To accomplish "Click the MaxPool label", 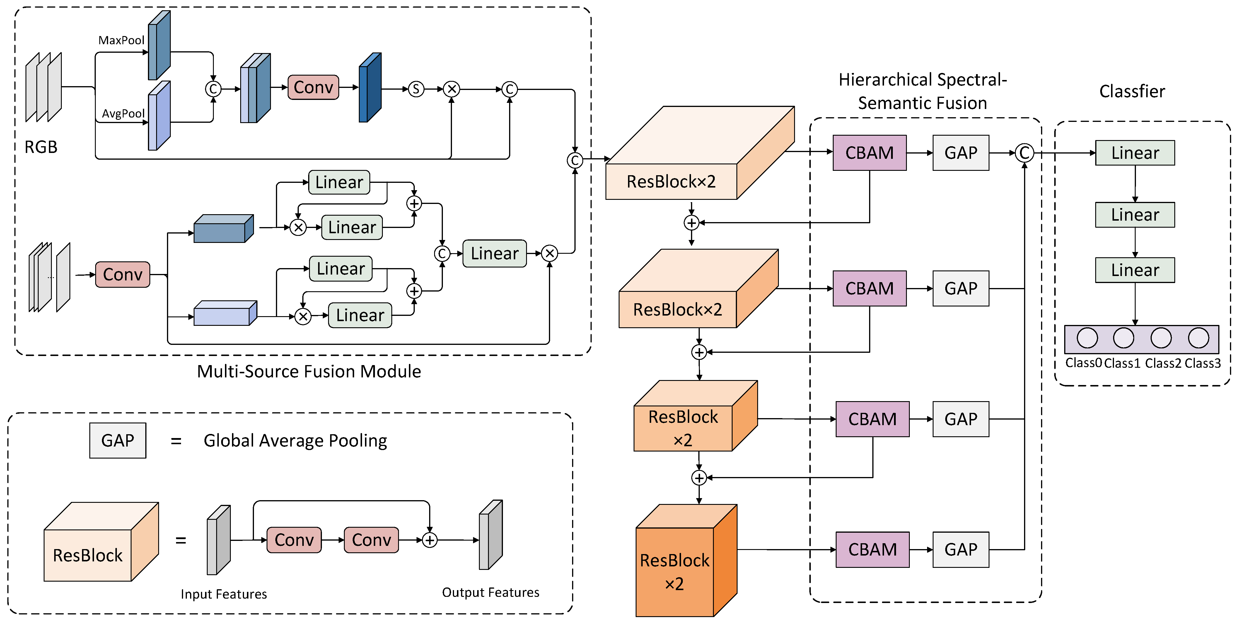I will [x=121, y=40].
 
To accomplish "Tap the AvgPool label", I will [x=123, y=113].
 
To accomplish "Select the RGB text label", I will [x=41, y=147].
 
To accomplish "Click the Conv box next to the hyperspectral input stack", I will [x=122, y=275].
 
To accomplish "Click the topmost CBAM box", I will [x=869, y=153].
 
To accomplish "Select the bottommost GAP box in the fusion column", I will [x=960, y=549].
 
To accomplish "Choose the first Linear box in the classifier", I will [x=1135, y=153].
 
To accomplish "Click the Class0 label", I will [x=1083, y=363].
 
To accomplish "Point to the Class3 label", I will [x=1202, y=363].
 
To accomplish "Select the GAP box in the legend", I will [x=118, y=440].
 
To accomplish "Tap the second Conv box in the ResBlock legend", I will [x=371, y=540].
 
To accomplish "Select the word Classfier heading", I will [x=1132, y=91].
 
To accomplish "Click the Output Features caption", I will [x=490, y=592].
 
